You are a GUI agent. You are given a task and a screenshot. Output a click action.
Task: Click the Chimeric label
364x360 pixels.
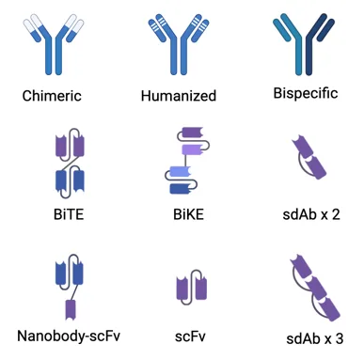52,96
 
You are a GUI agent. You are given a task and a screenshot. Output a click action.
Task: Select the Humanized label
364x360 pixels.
179,96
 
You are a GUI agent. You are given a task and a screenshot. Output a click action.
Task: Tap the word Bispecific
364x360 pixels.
306,94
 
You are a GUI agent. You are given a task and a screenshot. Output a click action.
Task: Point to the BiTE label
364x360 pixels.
69,214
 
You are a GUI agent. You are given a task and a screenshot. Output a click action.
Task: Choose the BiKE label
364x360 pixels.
188,214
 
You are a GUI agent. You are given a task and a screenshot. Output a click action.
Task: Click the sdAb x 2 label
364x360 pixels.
311,214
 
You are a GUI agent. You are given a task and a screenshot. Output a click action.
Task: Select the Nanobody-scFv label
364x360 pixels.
69,337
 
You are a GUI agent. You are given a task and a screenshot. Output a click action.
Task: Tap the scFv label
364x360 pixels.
190,337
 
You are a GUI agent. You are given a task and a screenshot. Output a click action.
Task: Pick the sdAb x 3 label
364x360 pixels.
314,338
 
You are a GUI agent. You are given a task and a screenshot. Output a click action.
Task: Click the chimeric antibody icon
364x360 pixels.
54,44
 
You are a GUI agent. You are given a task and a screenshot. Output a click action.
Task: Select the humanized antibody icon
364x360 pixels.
179,44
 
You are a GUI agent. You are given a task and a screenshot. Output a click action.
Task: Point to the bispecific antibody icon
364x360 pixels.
304,44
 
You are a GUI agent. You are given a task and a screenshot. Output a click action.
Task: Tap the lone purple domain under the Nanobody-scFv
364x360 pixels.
71,310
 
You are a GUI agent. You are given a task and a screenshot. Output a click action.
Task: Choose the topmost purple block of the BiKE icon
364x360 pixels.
193,132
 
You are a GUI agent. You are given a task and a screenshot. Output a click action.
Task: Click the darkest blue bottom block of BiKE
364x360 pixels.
181,189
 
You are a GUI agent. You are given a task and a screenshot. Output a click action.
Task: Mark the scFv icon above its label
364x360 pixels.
192,288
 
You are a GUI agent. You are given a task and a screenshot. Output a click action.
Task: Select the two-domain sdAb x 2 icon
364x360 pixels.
309,157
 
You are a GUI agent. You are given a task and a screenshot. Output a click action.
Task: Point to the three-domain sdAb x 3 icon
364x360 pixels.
315,288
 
